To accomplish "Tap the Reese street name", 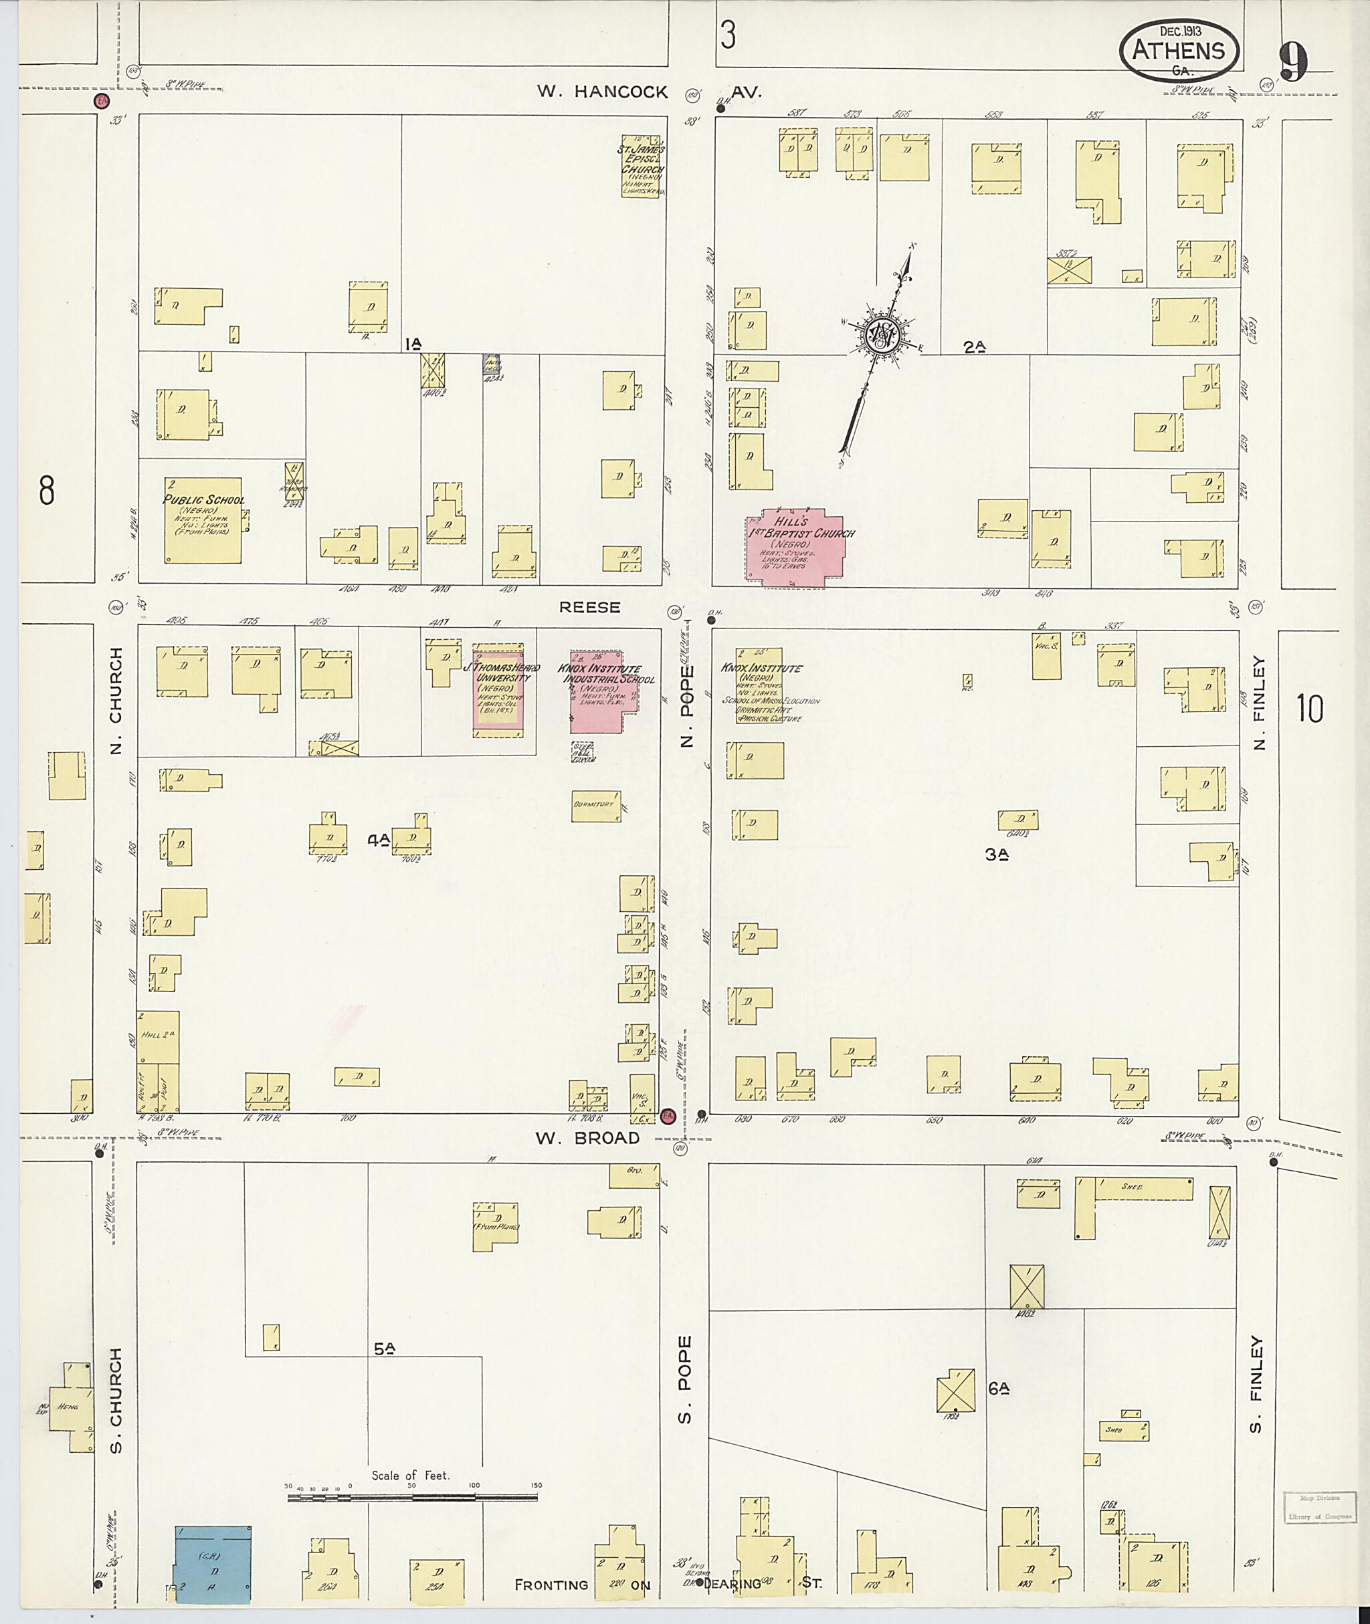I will [x=589, y=608].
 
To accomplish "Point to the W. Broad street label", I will [x=587, y=1138].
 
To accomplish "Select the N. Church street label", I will [x=116, y=701].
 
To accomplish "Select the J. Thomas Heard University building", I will [x=498, y=689].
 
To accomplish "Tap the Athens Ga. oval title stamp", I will [x=1178, y=50].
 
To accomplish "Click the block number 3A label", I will [x=997, y=854].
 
